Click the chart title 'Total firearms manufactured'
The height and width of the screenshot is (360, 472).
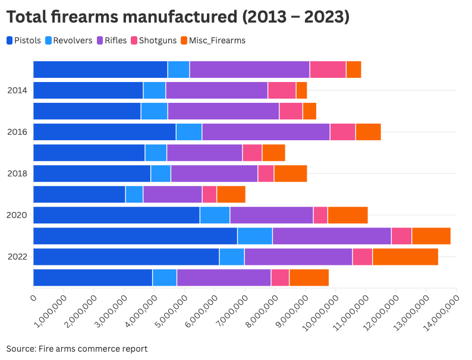pyautogui.click(x=177, y=17)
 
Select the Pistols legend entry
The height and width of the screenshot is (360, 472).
pyautogui.click(x=24, y=40)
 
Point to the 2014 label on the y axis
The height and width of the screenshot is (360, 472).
pyautogui.click(x=17, y=90)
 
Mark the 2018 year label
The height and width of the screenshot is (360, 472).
pyautogui.click(x=17, y=173)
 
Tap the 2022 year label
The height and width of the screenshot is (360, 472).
pyautogui.click(x=17, y=257)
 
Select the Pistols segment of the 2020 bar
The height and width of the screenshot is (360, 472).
pyautogui.click(x=117, y=215)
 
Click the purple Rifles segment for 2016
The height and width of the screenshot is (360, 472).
pyautogui.click(x=266, y=132)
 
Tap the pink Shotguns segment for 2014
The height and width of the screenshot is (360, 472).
pyautogui.click(x=282, y=90)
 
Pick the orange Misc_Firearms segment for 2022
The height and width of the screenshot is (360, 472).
pyautogui.click(x=405, y=257)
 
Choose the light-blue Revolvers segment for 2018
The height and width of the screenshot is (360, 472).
pyautogui.click(x=161, y=173)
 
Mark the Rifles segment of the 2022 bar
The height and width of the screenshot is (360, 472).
pyautogui.click(x=298, y=257)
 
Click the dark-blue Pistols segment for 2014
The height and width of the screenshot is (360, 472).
pyautogui.click(x=88, y=90)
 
